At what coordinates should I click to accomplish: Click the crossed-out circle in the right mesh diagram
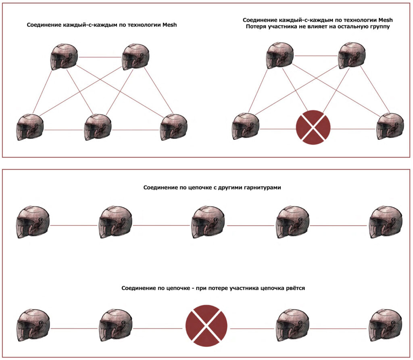[x=313, y=127]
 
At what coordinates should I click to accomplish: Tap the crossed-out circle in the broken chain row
[x=206, y=325]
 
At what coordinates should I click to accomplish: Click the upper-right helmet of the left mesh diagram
[x=136, y=56]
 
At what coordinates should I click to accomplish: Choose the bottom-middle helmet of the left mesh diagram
[x=98, y=127]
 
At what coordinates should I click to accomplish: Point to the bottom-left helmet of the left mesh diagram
[x=30, y=127]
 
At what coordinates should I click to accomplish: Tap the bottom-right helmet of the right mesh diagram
[x=390, y=126]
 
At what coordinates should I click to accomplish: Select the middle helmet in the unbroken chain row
[x=208, y=222]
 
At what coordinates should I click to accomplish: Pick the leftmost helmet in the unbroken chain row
[x=34, y=222]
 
